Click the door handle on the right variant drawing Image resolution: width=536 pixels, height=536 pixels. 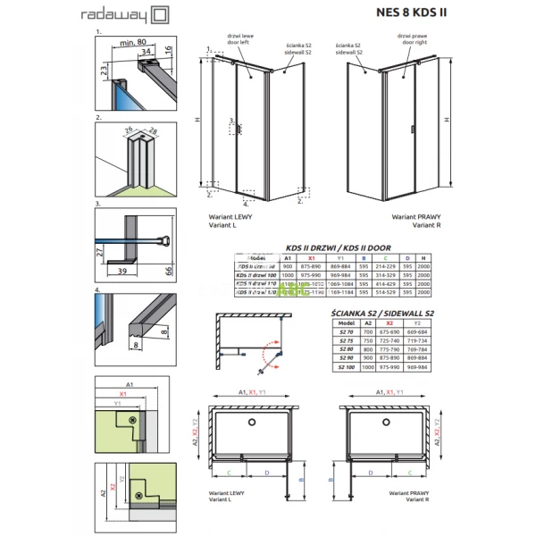[414, 130]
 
